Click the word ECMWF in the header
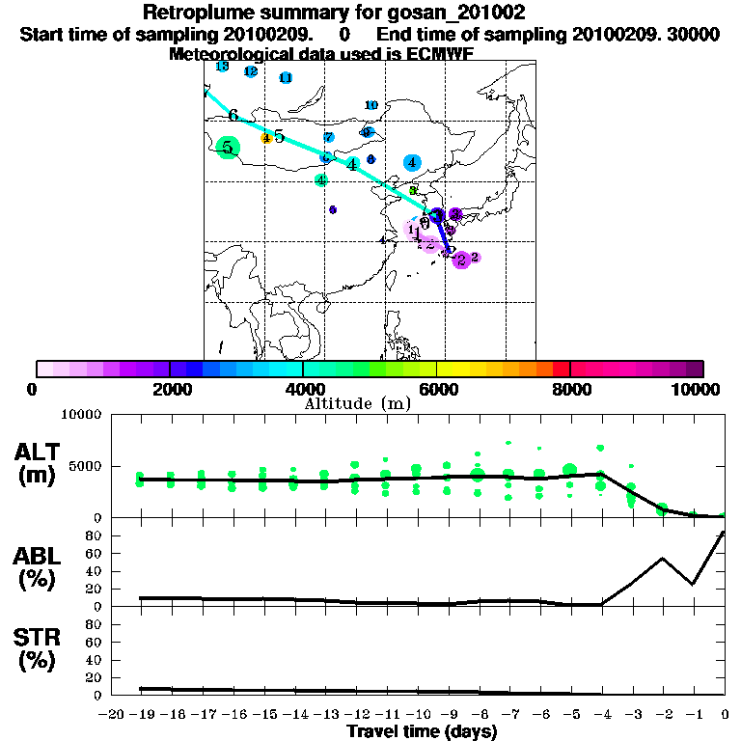[443, 54]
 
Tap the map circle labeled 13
[222, 67]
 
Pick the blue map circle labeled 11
[286, 78]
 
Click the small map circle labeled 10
[371, 105]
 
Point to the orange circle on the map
[265, 138]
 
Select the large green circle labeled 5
[228, 148]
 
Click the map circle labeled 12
[251, 71]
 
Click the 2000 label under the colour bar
[169, 389]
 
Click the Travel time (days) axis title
[422, 732]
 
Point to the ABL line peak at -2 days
[663, 558]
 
